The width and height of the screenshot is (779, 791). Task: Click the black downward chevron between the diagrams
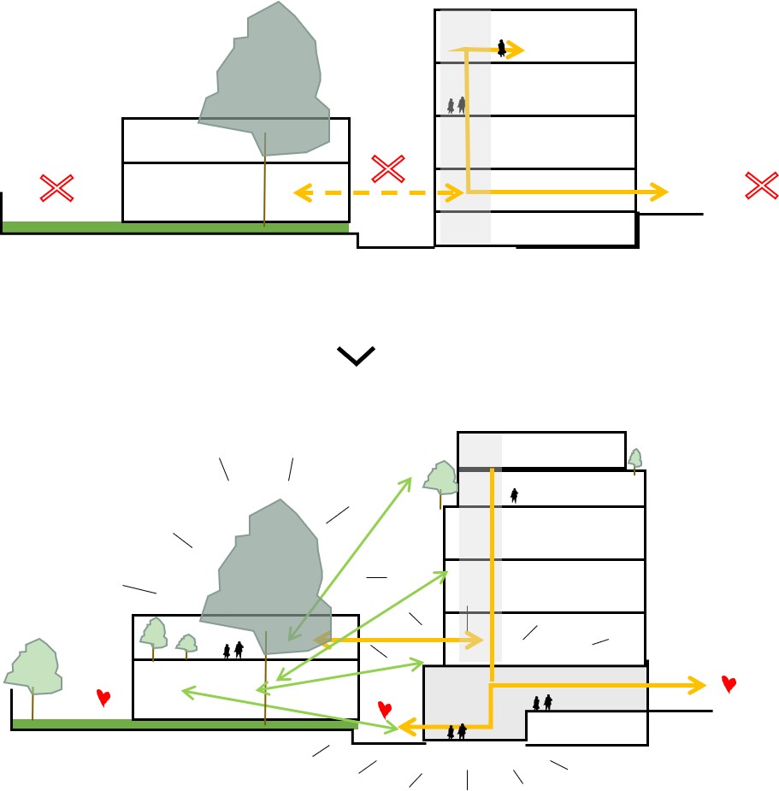tap(357, 356)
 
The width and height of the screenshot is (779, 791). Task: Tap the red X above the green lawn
tap(57, 188)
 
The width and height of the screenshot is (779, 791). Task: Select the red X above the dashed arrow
tap(388, 168)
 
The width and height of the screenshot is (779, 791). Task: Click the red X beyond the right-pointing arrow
tap(761, 186)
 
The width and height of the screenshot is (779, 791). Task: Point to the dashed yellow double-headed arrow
tap(376, 193)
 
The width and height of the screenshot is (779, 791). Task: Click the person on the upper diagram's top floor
tap(502, 49)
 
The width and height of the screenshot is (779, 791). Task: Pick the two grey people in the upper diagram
tap(457, 105)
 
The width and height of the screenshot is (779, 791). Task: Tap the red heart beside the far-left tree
tap(103, 698)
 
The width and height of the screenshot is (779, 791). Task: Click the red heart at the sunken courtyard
tap(385, 709)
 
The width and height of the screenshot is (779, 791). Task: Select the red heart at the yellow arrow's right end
tap(729, 683)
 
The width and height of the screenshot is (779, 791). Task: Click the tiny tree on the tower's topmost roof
tap(634, 459)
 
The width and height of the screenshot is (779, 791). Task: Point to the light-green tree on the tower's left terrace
tap(441, 480)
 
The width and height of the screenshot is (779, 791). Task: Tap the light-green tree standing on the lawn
tap(34, 668)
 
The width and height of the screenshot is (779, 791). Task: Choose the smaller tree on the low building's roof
tap(186, 643)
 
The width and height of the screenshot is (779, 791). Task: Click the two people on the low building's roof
tap(233, 650)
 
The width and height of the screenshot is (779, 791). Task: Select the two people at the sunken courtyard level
tap(457, 731)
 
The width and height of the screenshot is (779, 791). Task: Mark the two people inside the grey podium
tap(542, 703)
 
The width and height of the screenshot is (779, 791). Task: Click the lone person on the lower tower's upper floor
tap(514, 495)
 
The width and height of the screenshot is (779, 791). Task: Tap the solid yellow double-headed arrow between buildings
tap(398, 639)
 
